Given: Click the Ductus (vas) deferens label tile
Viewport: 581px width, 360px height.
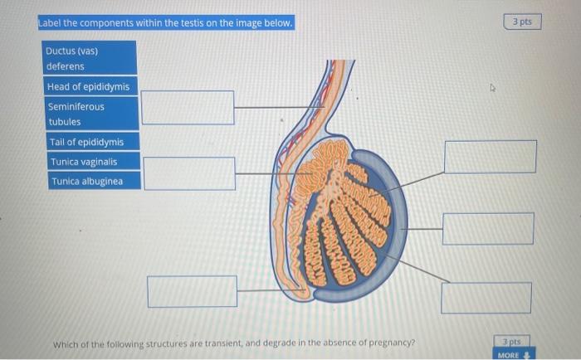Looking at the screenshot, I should (x=89, y=58).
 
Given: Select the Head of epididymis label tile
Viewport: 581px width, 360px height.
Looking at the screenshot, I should (x=89, y=86).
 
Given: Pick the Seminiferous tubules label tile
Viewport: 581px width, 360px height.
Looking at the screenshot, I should (x=89, y=114).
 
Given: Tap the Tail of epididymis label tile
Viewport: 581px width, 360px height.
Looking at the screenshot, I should (x=91, y=142).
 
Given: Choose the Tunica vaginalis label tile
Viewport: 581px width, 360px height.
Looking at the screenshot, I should (x=91, y=162).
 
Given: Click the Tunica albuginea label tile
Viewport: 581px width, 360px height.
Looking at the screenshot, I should (x=91, y=181).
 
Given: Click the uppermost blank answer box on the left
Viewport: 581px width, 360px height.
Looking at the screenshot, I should (x=187, y=107).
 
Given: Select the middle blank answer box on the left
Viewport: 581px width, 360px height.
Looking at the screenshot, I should (x=188, y=173).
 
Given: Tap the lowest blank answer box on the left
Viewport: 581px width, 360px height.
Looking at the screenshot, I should (x=192, y=290).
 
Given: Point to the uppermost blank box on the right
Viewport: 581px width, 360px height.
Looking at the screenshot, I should (x=490, y=157).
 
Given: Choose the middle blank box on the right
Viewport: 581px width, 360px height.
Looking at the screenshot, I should (x=488, y=228).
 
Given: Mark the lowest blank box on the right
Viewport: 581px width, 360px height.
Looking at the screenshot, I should (x=486, y=297).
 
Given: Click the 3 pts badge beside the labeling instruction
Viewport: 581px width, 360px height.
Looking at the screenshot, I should (x=522, y=22).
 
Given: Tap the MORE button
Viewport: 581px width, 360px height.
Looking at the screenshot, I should (x=511, y=355).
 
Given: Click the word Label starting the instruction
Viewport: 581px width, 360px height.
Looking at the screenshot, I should (x=51, y=22).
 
